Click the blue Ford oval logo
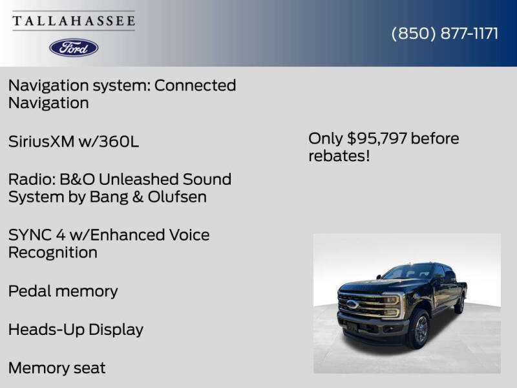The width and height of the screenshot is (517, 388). (x=74, y=47)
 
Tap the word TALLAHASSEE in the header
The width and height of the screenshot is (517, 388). (x=74, y=21)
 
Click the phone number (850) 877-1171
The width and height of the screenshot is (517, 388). (x=445, y=34)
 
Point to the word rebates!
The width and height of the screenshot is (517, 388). (x=339, y=156)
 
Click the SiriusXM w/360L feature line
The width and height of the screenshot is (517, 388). (x=73, y=142)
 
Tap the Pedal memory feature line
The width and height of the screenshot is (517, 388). (x=63, y=291)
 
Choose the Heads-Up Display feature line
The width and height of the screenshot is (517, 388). (x=76, y=329)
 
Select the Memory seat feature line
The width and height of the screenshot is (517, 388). (x=56, y=368)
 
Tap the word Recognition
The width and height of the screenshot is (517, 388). (x=52, y=252)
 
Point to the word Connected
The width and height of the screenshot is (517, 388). (x=195, y=85)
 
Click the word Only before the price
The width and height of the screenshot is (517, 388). (x=326, y=138)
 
